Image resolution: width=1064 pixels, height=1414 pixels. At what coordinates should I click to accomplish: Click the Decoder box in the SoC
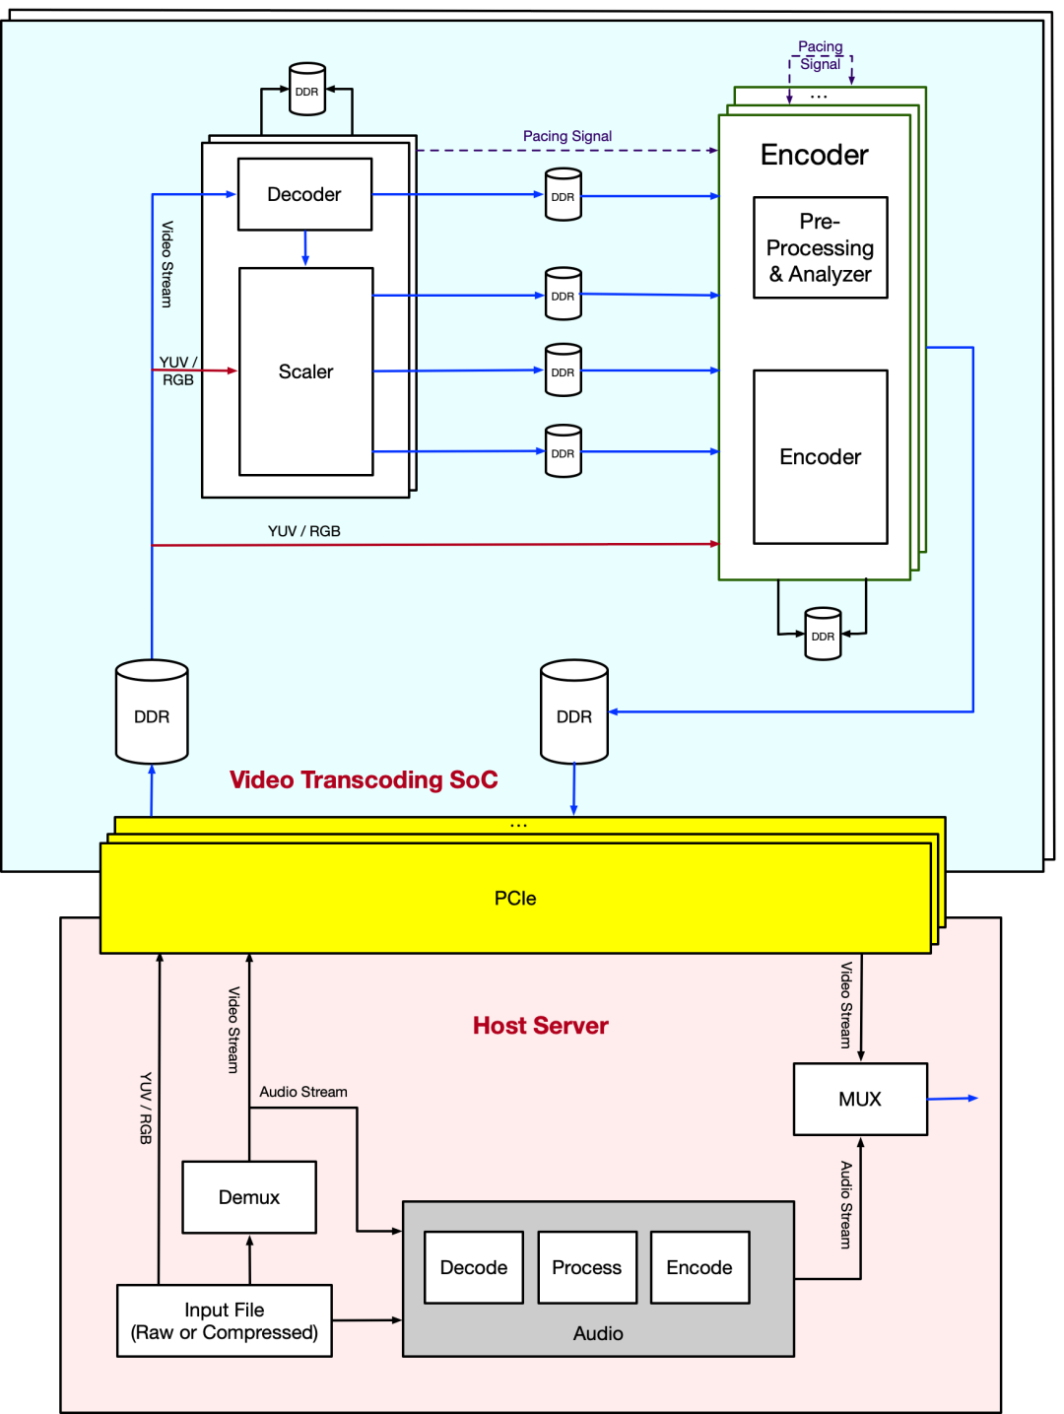(304, 194)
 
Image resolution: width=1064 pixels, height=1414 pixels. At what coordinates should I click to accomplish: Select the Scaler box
(305, 371)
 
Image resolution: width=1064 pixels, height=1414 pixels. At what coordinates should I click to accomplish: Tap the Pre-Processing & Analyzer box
(820, 247)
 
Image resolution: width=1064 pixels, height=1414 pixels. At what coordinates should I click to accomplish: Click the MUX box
(860, 1099)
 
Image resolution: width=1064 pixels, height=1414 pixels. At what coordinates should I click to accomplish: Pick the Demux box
(249, 1197)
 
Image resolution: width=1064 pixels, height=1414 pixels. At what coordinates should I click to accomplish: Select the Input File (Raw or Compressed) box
(225, 1320)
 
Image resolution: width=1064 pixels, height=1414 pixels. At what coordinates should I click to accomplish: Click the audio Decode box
(474, 1267)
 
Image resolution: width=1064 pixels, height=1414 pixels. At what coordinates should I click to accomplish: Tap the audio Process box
(587, 1267)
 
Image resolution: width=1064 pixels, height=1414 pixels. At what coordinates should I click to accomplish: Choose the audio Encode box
(699, 1267)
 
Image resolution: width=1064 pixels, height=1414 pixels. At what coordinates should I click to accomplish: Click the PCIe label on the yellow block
(515, 898)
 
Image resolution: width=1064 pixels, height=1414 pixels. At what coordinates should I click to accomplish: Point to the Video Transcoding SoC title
(364, 779)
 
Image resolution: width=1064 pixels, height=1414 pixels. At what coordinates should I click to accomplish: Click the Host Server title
(541, 1026)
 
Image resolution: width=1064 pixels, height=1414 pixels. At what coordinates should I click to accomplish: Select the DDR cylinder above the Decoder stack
(307, 90)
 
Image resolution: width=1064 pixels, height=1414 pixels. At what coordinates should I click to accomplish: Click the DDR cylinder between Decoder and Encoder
(563, 194)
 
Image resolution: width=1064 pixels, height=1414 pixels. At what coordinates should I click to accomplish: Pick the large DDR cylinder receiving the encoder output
(574, 712)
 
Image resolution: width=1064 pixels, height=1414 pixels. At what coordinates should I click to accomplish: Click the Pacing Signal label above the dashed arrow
(567, 136)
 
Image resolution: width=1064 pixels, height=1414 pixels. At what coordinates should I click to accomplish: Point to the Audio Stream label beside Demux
(303, 1092)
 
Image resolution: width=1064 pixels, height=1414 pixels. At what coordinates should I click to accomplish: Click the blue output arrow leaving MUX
(953, 1098)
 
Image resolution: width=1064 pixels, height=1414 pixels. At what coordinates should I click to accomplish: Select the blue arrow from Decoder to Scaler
(305, 247)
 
